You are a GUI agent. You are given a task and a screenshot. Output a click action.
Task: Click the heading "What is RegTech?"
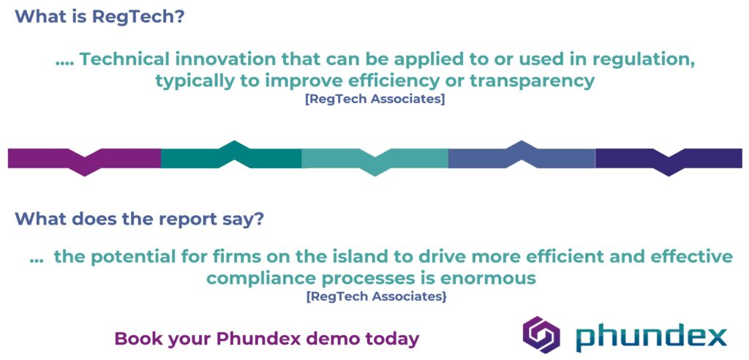click(x=99, y=17)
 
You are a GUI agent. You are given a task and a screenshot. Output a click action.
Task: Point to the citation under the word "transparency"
click(x=375, y=101)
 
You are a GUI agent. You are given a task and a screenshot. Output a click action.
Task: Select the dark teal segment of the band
click(x=231, y=155)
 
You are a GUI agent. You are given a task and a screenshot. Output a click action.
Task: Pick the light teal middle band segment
click(x=375, y=160)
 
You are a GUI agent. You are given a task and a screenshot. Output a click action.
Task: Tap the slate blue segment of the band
click(x=522, y=155)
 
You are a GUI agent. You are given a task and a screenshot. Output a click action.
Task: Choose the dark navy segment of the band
click(x=669, y=160)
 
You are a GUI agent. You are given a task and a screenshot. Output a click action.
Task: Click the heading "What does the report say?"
click(x=138, y=219)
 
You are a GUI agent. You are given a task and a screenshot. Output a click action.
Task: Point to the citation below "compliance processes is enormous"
click(x=377, y=296)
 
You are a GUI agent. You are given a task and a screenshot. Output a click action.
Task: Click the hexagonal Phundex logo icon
click(x=541, y=334)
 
